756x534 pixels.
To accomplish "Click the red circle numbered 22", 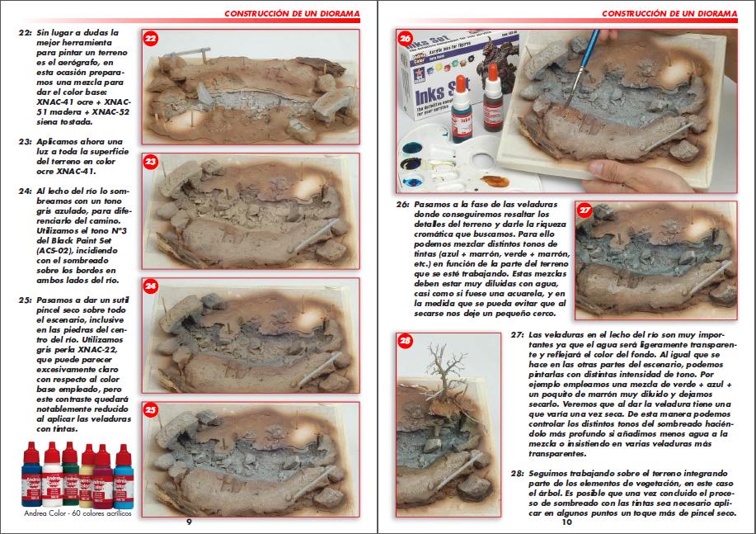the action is (x=151, y=39).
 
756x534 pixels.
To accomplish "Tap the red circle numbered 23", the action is (x=151, y=162).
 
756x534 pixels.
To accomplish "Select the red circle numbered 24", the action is (x=151, y=286).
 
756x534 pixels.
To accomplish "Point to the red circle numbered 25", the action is (x=151, y=410).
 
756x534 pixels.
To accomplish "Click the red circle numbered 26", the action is (x=406, y=39).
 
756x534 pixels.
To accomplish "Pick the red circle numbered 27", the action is (x=585, y=210).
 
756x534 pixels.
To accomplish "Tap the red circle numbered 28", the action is (x=406, y=341).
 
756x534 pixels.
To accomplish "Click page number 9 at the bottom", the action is (x=189, y=522).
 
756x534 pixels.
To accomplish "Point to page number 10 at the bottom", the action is (x=567, y=522).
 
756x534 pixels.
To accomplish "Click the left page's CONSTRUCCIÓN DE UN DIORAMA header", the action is (x=292, y=13).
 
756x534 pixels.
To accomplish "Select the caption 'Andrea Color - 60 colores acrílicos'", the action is (x=77, y=513).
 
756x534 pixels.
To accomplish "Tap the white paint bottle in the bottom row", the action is (x=52, y=475).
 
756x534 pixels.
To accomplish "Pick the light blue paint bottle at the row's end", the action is (x=124, y=476).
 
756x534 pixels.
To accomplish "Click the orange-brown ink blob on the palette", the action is (x=494, y=182).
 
